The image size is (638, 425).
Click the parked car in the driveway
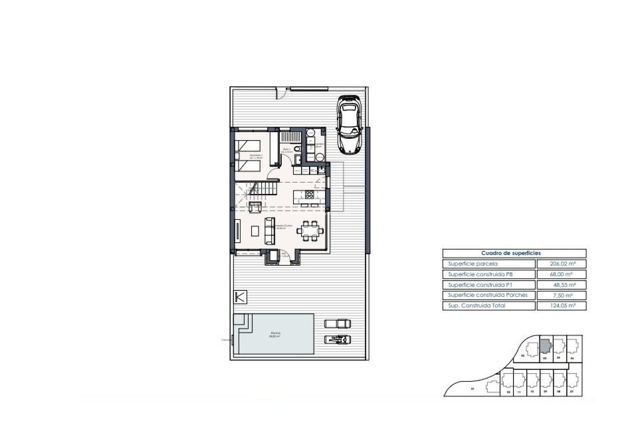pos(349,125)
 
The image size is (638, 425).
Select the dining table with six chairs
pos(310,230)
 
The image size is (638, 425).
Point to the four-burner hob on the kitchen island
pos(309,194)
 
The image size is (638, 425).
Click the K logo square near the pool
pos(240,297)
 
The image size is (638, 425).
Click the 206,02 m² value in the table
pos(561,264)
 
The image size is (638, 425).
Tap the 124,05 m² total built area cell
pos(561,306)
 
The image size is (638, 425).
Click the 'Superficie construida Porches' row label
pos(487,295)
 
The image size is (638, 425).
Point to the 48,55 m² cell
pos(561,285)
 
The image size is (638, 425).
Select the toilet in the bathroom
pos(297,149)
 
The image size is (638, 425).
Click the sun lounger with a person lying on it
pos(338,339)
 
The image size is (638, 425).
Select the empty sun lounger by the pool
pos(338,323)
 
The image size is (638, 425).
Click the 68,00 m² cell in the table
pos(561,275)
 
